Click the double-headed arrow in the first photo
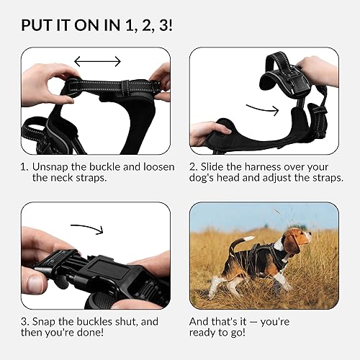[98, 62]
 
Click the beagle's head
[296, 241]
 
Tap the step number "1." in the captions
[25, 166]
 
